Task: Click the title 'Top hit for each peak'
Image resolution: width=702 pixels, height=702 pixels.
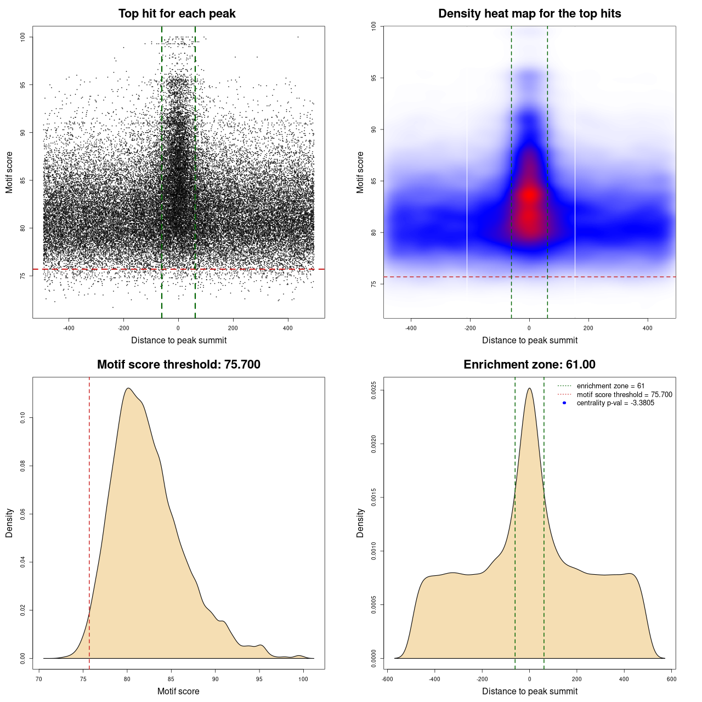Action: [177, 14]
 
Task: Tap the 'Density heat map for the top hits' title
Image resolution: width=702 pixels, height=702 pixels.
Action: [529, 14]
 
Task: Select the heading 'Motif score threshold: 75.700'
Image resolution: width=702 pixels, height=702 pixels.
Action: [178, 365]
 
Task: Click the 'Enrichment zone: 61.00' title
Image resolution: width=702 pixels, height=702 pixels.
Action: [529, 365]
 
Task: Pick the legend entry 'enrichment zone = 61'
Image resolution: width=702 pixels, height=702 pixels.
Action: [610, 386]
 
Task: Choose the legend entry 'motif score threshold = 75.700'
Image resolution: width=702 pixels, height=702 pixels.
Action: [624, 395]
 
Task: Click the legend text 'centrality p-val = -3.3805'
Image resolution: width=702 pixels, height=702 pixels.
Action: [615, 403]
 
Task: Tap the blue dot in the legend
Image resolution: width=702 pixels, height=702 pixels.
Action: [564, 403]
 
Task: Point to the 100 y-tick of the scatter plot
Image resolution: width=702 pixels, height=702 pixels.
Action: [23, 37]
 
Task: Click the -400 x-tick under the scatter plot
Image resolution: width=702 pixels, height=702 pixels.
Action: [69, 329]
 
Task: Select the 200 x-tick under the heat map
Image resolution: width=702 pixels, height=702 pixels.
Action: [588, 329]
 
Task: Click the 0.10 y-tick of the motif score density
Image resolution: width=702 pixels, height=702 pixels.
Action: [23, 418]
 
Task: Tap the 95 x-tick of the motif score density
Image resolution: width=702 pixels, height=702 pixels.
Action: [259, 679]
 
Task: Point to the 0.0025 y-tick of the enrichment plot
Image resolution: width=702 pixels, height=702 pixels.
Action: [374, 390]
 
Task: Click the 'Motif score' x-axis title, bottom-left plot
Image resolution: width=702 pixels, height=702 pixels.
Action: [178, 692]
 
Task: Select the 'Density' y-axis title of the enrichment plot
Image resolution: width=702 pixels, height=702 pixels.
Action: [360, 523]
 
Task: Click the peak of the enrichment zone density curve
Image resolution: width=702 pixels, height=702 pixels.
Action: [529, 388]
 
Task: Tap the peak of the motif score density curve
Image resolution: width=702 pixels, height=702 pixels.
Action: [128, 388]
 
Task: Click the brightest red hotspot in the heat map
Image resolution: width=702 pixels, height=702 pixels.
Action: [529, 195]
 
